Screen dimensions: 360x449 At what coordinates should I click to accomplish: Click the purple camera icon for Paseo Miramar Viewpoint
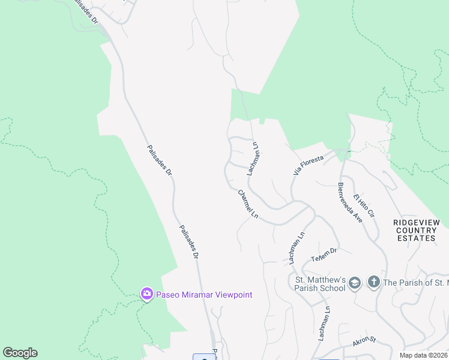point(146,294)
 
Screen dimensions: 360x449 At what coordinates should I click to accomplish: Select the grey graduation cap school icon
point(355,283)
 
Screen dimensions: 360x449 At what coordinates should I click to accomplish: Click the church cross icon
point(373,282)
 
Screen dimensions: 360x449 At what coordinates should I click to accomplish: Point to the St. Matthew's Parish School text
point(319,283)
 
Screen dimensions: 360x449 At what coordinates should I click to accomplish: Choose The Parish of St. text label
point(415,283)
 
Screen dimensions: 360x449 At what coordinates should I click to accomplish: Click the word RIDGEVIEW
point(416,223)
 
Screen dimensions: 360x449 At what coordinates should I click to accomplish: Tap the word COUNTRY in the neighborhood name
point(416,230)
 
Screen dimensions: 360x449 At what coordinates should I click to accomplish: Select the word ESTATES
point(416,238)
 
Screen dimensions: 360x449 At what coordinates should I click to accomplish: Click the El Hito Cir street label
point(363,205)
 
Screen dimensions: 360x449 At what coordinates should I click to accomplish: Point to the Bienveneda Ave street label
point(350,203)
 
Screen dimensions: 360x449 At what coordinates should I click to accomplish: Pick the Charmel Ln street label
point(248,204)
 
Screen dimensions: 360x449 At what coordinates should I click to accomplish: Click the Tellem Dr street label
point(325,255)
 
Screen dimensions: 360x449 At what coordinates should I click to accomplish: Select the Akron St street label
point(364,340)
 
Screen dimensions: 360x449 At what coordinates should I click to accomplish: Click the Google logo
point(20,353)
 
